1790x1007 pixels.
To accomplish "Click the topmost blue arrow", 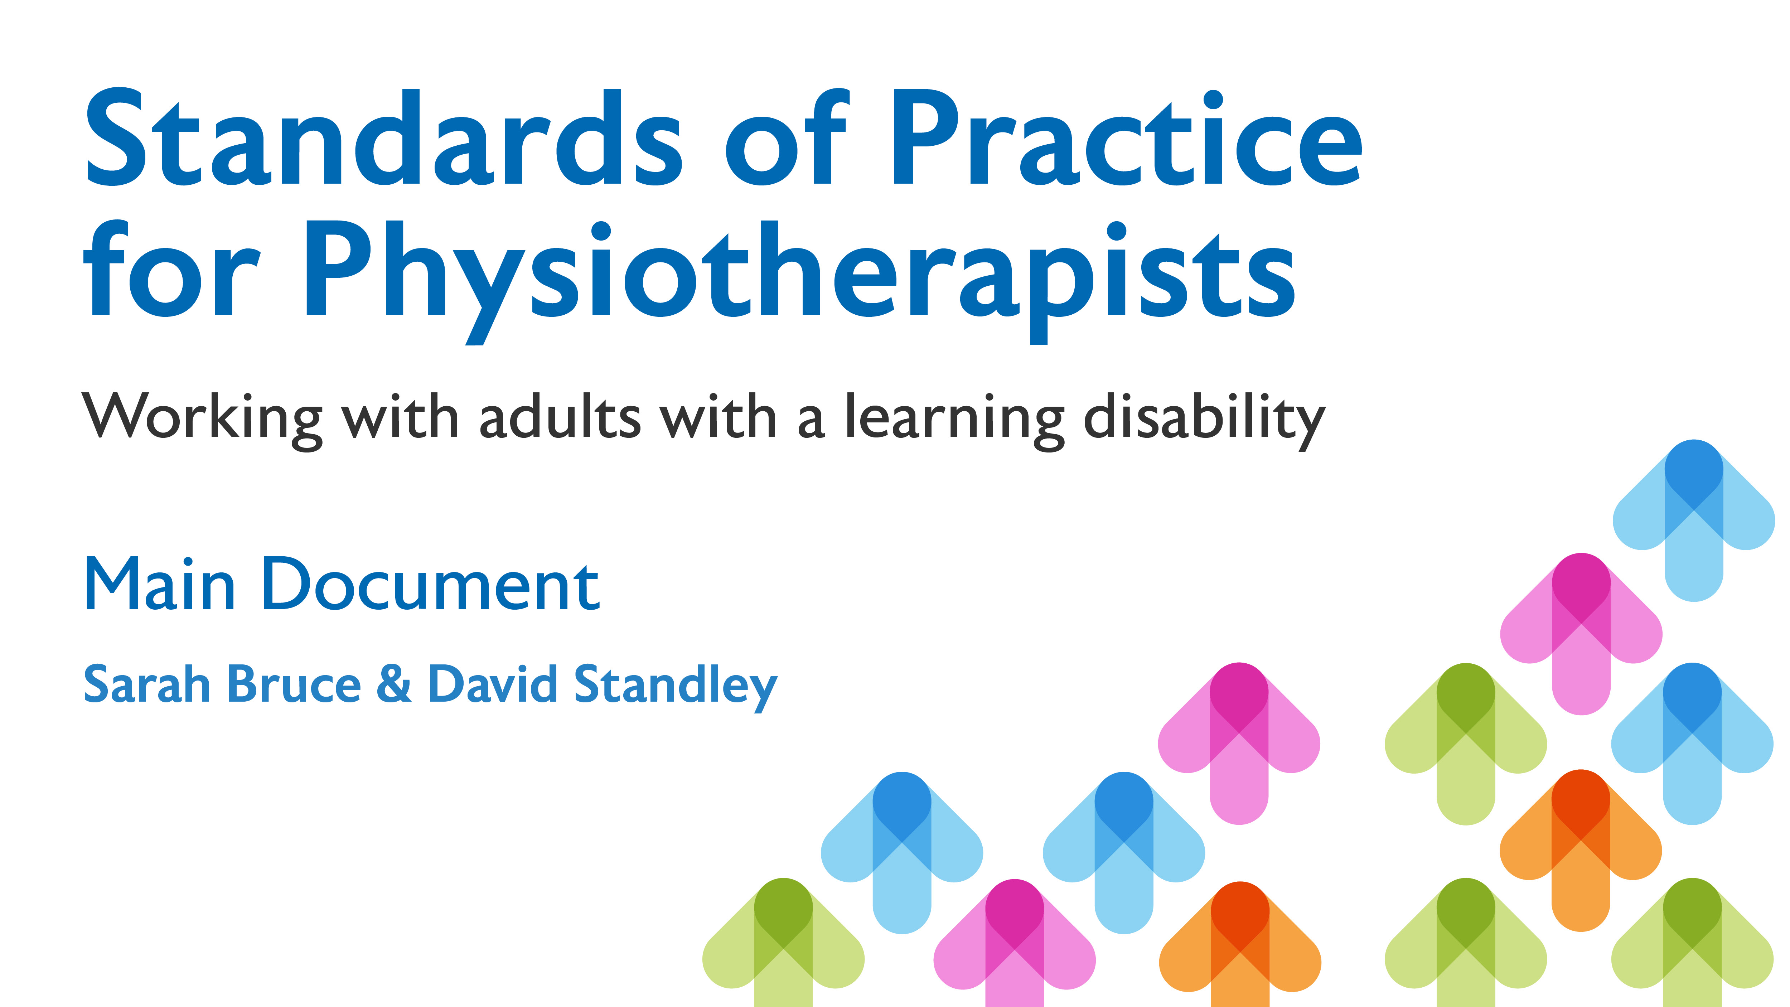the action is tap(1693, 520).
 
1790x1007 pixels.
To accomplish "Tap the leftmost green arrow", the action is tap(783, 942).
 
